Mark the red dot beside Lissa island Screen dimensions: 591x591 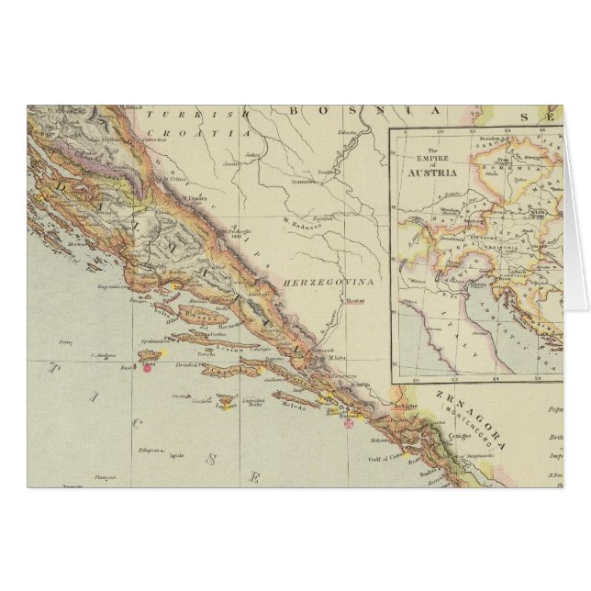146,368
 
